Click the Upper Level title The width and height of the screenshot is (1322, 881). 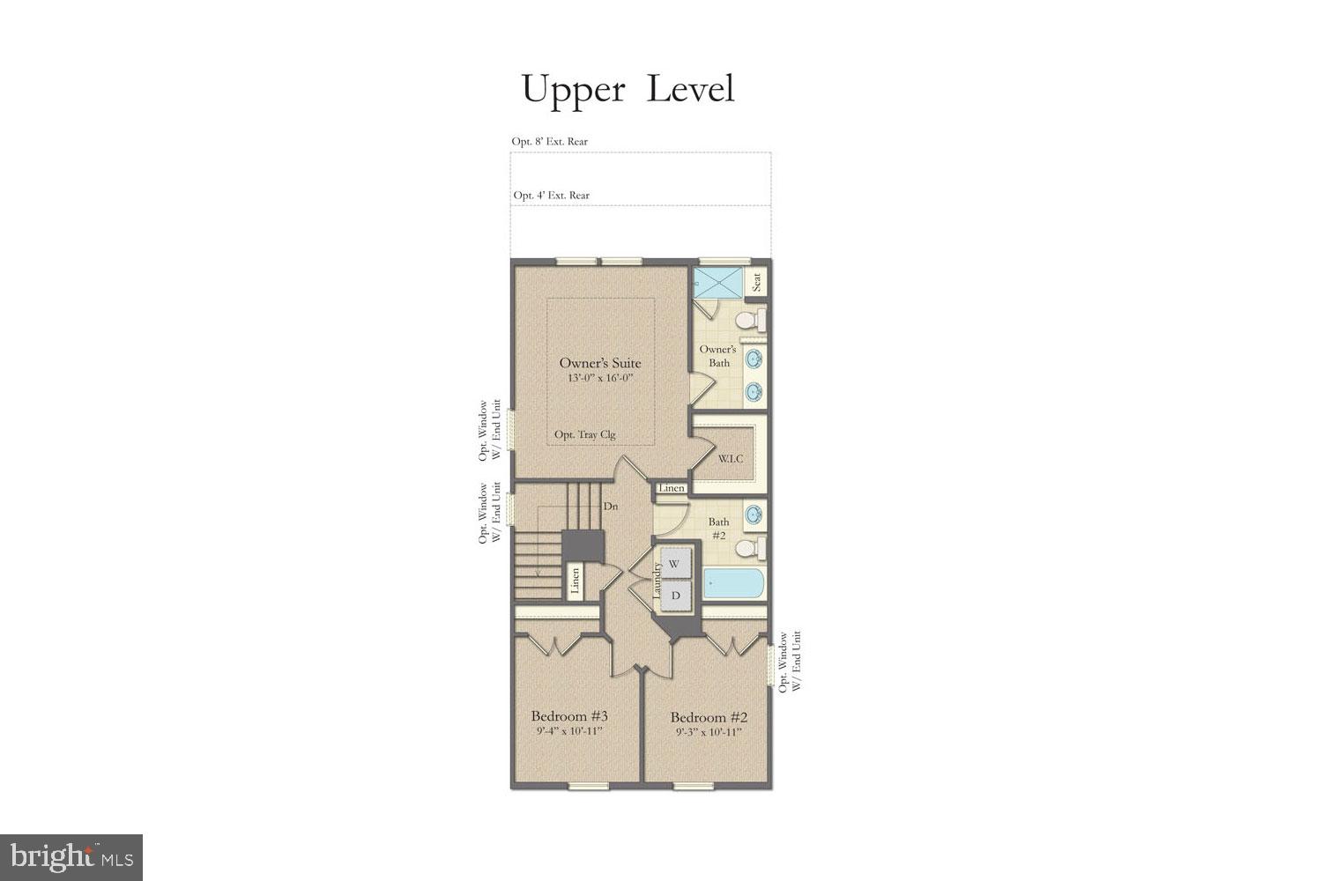[x=628, y=89]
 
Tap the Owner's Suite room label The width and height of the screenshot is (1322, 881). [x=600, y=363]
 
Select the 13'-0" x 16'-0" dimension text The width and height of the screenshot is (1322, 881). [x=600, y=378]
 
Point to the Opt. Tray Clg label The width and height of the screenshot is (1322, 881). [x=584, y=434]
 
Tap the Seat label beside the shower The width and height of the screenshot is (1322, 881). [x=757, y=283]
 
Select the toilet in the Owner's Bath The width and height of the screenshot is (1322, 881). [x=749, y=318]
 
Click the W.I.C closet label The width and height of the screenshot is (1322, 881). [x=730, y=459]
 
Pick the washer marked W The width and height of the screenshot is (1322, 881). [x=674, y=563]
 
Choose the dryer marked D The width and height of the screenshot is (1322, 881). [x=675, y=596]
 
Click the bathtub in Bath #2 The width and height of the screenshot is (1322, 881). [x=734, y=584]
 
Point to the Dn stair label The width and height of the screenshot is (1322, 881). [x=610, y=507]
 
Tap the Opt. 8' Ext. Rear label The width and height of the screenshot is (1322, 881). [x=550, y=141]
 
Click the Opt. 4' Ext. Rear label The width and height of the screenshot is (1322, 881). [x=552, y=196]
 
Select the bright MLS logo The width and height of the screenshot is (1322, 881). [x=71, y=857]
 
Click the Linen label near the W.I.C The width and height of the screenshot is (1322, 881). [x=672, y=488]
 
